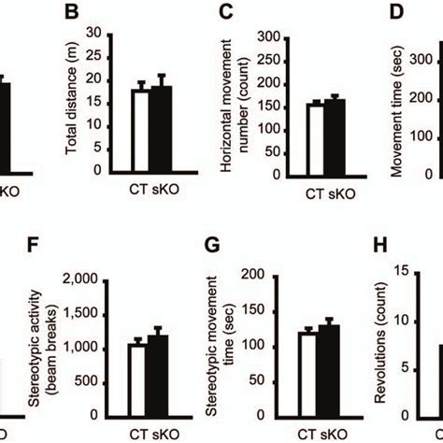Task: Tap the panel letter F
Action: (x=35, y=250)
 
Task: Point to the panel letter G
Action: (x=212, y=250)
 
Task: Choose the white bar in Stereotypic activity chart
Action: (x=137, y=380)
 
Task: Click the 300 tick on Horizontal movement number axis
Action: (x=270, y=37)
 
